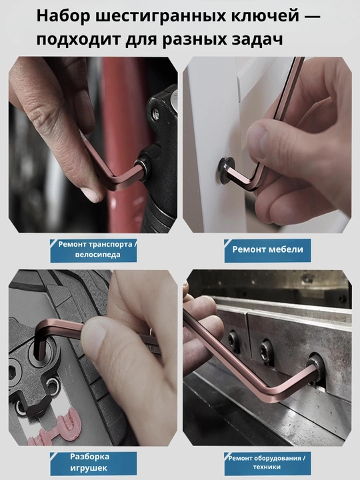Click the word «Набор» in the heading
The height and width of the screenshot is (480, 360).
pyautogui.click(x=64, y=16)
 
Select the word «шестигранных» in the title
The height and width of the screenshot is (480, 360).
pyautogui.click(x=161, y=17)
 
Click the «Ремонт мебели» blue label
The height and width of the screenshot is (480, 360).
pyautogui.click(x=267, y=251)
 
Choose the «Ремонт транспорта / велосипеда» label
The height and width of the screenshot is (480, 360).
pyautogui.click(x=94, y=251)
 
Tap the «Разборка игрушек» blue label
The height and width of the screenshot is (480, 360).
pyautogui.click(x=94, y=463)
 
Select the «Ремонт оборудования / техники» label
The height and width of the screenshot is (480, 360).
pyautogui.click(x=267, y=463)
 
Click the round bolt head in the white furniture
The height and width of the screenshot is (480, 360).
pyautogui.click(x=225, y=171)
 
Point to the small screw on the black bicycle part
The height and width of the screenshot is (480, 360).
pyautogui.click(x=155, y=113)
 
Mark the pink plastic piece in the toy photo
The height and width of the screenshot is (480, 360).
pyautogui.click(x=58, y=427)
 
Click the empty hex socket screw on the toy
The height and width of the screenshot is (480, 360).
pyautogui.click(x=14, y=373)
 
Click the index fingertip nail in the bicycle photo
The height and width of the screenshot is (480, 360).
pyautogui.click(x=91, y=195)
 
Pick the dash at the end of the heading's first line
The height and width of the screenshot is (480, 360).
pyautogui.click(x=312, y=16)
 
